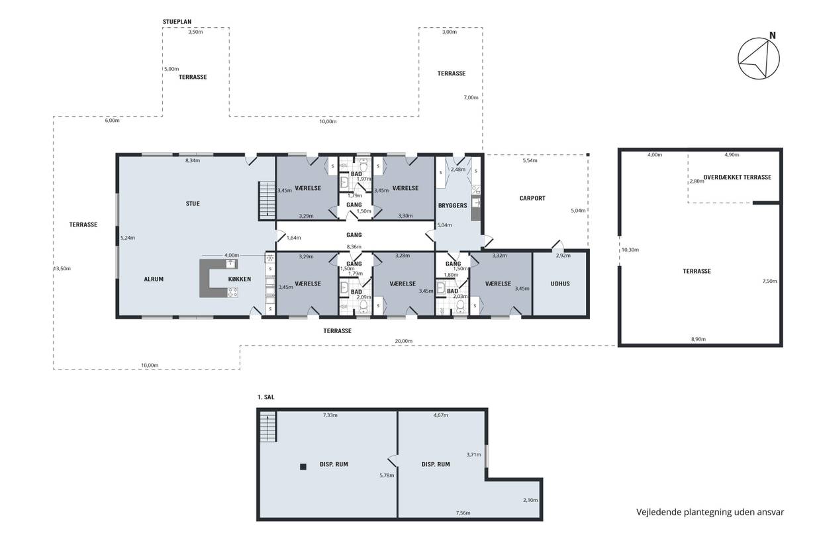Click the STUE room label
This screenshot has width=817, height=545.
193,203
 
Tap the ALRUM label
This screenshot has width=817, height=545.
154,279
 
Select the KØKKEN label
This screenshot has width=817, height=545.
240,279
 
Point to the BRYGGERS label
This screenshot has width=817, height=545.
453,205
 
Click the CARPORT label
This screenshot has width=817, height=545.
532,198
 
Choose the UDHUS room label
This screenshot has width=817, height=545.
560,283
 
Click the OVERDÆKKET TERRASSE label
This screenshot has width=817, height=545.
738,177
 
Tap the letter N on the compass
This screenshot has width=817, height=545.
773,35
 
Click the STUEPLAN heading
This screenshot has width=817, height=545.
177,22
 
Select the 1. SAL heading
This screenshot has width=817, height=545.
266,397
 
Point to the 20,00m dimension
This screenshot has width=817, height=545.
404,341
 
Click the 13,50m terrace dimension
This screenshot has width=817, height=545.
62,268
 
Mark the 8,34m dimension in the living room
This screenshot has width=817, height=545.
193,160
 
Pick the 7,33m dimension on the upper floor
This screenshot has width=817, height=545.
330,415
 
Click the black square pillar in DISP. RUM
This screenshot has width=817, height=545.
303,467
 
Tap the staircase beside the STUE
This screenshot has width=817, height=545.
267,200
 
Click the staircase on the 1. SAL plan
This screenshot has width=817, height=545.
268,428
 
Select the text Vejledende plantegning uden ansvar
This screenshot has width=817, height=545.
710,512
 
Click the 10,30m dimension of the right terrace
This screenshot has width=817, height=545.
630,250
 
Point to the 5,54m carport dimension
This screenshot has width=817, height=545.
530,160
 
